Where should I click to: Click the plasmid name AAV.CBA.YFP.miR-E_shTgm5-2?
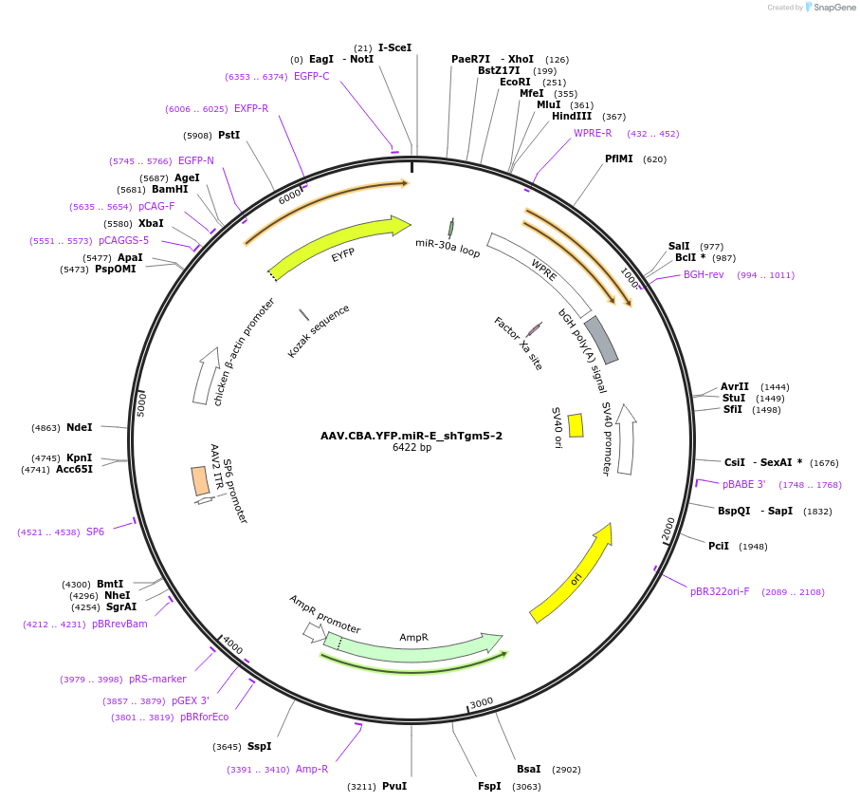[412, 436]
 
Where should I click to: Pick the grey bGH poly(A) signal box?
[601, 340]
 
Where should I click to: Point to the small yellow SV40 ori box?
[576, 425]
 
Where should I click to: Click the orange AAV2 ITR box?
[200, 480]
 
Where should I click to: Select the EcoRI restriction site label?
[515, 82]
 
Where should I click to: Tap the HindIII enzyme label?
[572, 117]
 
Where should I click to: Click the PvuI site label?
[393, 786]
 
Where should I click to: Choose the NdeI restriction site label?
[80, 428]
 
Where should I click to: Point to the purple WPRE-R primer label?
[593, 133]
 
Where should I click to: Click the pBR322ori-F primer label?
[720, 591]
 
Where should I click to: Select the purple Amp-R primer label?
[312, 769]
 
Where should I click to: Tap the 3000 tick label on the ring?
[482, 702]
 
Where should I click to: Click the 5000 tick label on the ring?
[142, 403]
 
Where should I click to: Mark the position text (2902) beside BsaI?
[566, 770]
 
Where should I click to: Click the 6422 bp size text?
[412, 448]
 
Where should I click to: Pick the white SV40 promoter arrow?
[626, 440]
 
